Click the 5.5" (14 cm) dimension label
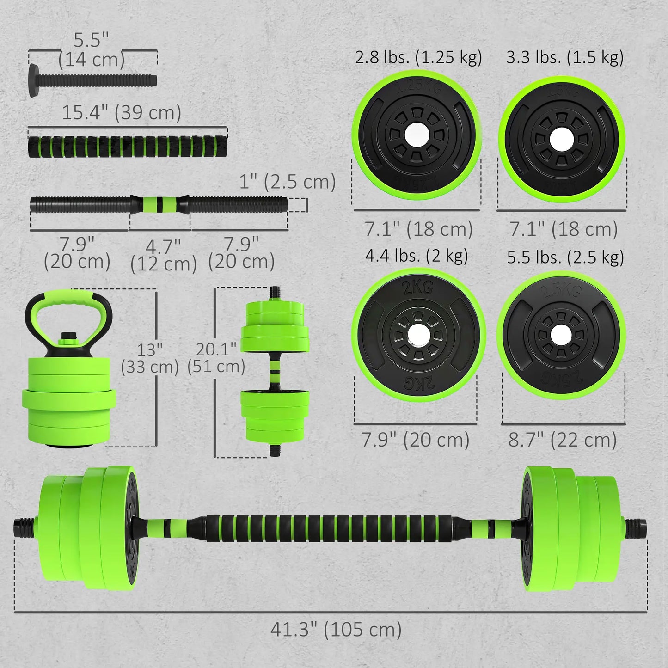pos(92,50)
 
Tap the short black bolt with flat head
pos(92,81)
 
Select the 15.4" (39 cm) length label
pos(121,112)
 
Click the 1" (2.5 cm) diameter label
pos(287,182)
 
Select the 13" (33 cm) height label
pos(149,358)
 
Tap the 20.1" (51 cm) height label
pos(216,358)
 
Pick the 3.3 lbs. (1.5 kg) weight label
pos(565,57)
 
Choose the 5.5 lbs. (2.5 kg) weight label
pos(565,257)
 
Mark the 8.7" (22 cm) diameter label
pos(563,440)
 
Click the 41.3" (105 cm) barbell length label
pos(336,629)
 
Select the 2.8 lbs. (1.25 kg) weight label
pos(418,57)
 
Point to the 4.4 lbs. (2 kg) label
pos(417,256)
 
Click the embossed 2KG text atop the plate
pos(418,288)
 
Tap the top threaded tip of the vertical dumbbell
pos(275,293)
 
